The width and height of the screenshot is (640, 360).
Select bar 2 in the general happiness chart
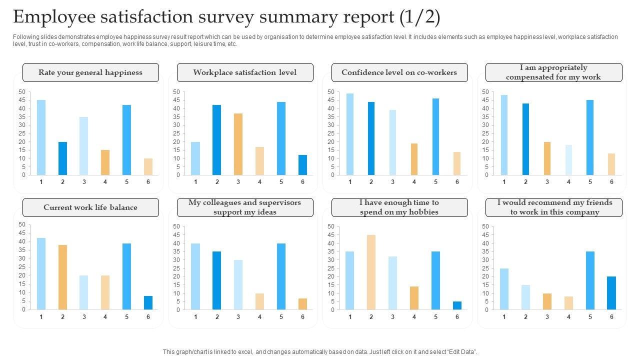pyautogui.click(x=62, y=158)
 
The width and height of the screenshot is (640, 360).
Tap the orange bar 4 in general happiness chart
pyautogui.click(x=105, y=162)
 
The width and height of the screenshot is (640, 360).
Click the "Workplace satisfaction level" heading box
pyautogui.click(x=245, y=72)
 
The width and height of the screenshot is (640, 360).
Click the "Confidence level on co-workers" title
pyautogui.click(x=399, y=72)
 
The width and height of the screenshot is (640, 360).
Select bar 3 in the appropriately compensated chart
pyautogui.click(x=547, y=158)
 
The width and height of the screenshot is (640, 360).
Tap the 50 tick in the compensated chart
pyautogui.click(x=484, y=92)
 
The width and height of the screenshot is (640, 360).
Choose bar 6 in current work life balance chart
pyautogui.click(x=148, y=302)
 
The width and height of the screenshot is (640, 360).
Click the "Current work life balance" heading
pyautogui.click(x=90, y=207)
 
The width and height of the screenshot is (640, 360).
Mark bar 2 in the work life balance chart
pyautogui.click(x=62, y=277)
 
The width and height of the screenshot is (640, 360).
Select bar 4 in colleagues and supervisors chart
pyautogui.click(x=259, y=301)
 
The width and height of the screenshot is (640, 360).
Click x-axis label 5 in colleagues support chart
pyautogui.click(x=281, y=316)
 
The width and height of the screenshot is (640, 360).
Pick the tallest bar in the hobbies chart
pyautogui.click(x=371, y=272)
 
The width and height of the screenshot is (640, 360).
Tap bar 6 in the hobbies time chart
pyautogui.click(x=457, y=305)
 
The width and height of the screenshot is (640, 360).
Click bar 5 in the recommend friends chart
pyautogui.click(x=590, y=280)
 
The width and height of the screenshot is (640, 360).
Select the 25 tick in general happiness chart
pyautogui.click(x=21, y=133)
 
